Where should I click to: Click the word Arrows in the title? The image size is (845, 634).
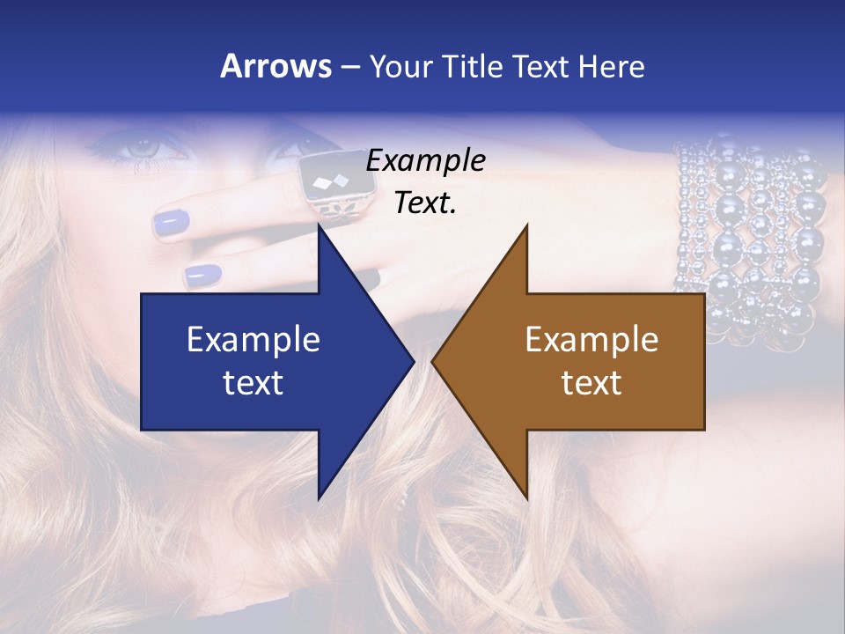275,67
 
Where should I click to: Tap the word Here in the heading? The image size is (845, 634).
611,67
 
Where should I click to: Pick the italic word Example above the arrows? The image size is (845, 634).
425,161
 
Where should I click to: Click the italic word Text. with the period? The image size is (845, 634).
425,203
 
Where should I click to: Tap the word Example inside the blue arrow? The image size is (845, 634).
253,340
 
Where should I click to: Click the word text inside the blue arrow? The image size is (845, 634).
253,383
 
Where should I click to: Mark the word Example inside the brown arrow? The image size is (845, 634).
591,340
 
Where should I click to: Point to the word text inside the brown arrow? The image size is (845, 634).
591,383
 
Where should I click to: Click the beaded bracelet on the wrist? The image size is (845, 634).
748,238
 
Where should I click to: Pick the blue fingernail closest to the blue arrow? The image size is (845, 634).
203,276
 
